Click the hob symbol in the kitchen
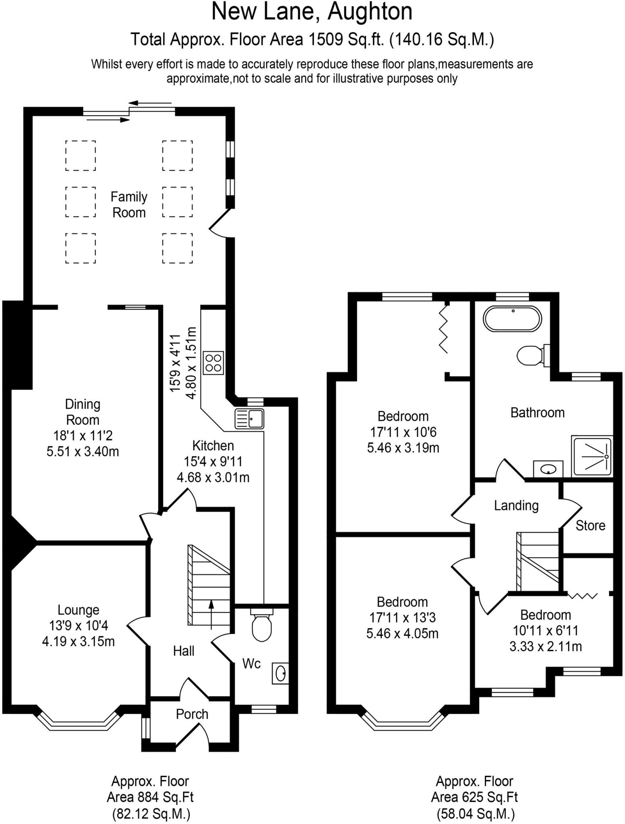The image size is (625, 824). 213,363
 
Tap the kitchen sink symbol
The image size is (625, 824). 249,418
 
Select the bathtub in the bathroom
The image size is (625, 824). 513,319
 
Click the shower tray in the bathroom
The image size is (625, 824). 592,457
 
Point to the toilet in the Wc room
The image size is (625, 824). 261,626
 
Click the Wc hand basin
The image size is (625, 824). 280,672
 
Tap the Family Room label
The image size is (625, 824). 129,204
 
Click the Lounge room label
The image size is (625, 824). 78,610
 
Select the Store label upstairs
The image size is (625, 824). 590,525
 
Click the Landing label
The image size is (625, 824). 516,505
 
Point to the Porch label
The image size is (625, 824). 192,714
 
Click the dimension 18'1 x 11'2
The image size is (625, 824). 83,435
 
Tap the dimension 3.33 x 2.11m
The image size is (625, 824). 545,647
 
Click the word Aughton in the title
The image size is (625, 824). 370,12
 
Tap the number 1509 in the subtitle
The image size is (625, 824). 325,39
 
